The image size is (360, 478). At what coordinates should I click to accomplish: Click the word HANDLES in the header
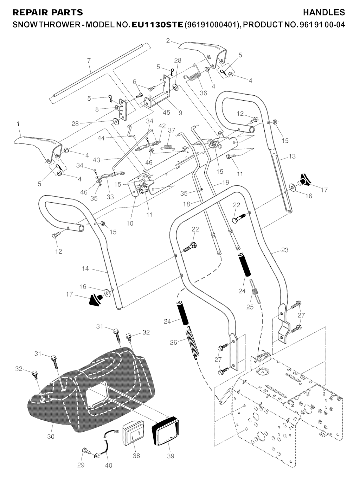coord(324,12)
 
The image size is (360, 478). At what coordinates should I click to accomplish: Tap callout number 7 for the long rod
coord(89,60)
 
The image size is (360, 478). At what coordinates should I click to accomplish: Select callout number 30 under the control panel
coord(51,436)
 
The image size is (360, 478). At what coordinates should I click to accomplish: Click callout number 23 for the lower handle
coord(285,250)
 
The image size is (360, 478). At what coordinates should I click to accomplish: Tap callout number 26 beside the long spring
coord(173,342)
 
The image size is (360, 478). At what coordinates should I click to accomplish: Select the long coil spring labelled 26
coord(191,343)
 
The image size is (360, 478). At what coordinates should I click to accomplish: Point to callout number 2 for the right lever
coord(168,41)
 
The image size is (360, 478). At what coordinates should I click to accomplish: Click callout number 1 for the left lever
coord(18,123)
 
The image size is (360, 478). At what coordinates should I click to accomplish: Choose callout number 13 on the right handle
coord(292,157)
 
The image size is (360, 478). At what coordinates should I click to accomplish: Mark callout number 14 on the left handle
coord(85,268)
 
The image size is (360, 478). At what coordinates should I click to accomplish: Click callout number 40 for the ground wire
coord(109,465)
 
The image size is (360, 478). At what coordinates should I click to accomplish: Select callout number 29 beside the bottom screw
coord(81,465)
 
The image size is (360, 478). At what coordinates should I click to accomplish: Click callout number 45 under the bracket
coord(166,113)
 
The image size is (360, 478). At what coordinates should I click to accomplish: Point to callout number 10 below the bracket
coord(130,223)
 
